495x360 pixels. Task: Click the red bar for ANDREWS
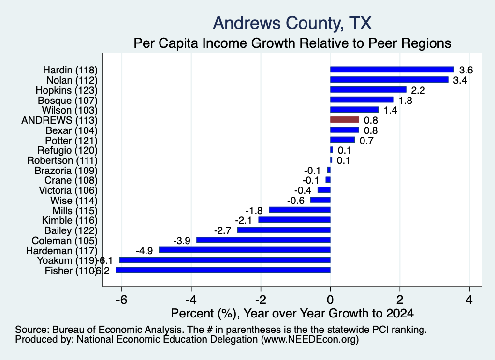pyautogui.click(x=344, y=119)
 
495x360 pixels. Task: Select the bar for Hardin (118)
pyautogui.click(x=392, y=70)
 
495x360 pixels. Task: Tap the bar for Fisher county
pyautogui.click(x=223, y=270)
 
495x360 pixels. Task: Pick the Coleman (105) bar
pyautogui.click(x=263, y=240)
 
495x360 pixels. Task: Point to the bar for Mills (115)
pyautogui.click(x=300, y=210)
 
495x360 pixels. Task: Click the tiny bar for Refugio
pyautogui.click(x=332, y=149)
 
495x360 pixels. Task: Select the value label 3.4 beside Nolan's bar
pyautogui.click(x=460, y=80)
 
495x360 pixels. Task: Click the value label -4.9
pyautogui.click(x=144, y=250)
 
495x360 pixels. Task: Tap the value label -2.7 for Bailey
pyautogui.click(x=222, y=230)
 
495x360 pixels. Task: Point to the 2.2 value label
pyautogui.click(x=418, y=90)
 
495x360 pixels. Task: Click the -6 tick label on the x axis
pyautogui.click(x=121, y=300)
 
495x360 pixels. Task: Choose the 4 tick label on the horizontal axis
pyautogui.click(x=469, y=300)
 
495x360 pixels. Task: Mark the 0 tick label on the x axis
pyautogui.click(x=330, y=300)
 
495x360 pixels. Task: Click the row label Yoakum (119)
pyautogui.click(x=67, y=260)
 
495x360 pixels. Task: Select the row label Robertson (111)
pyautogui.click(x=62, y=160)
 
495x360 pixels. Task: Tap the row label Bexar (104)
pyautogui.click(x=72, y=130)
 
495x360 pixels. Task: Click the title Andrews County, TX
pyautogui.click(x=292, y=23)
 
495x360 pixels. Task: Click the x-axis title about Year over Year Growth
pyautogui.click(x=292, y=313)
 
